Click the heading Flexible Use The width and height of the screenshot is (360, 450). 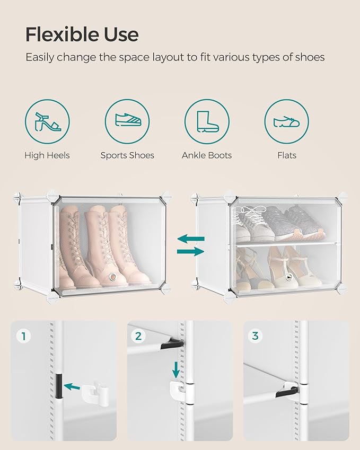pyautogui.click(x=82, y=34)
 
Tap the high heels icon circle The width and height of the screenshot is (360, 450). pyautogui.click(x=47, y=121)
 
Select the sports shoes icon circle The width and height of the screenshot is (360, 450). pyautogui.click(x=127, y=121)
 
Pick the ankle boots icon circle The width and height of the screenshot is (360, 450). pyautogui.click(x=207, y=121)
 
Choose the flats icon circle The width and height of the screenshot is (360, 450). pyautogui.click(x=286, y=121)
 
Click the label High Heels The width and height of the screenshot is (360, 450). pyautogui.click(x=47, y=155)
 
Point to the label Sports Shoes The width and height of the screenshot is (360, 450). pyautogui.click(x=127, y=155)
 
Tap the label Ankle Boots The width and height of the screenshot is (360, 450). pyautogui.click(x=207, y=155)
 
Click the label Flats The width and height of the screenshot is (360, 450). pyautogui.click(x=286, y=155)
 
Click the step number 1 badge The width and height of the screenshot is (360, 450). pyautogui.click(x=22, y=336)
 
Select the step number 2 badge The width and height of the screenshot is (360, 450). pyautogui.click(x=139, y=336)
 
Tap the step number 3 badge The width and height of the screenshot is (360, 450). pyautogui.click(x=255, y=336)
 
